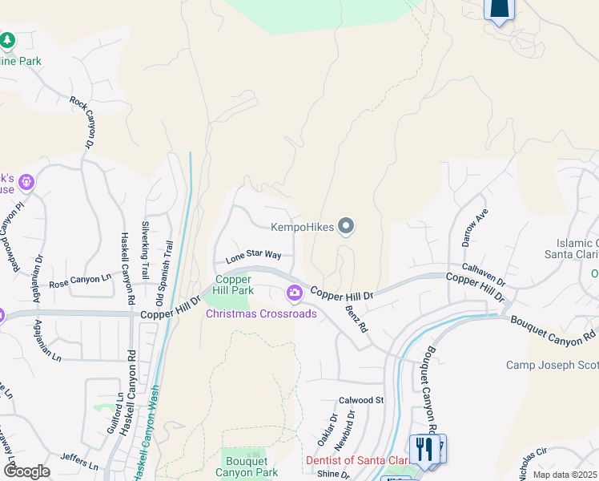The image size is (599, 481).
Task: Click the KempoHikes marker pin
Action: pos(346,228)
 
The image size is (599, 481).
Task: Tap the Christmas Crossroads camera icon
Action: pos(295,294)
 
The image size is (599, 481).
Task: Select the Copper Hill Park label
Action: pos(233,285)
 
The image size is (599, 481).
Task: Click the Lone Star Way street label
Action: pos(253,256)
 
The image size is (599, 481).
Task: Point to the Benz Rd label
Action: pos(357,317)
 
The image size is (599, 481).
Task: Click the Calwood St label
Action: pos(362,399)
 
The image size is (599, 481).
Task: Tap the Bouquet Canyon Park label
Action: pos(246,467)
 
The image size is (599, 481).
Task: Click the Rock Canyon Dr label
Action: pos(81,122)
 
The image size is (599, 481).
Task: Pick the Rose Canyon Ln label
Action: pos(80,281)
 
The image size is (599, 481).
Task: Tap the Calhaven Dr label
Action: pos(484,276)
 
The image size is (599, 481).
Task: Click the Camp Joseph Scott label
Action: pos(551,365)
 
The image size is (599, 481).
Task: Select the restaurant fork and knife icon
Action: pos(421,448)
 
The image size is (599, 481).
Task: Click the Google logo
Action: pos(26,471)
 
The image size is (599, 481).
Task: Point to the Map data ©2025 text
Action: pos(565,475)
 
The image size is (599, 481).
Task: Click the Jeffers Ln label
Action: pos(78,463)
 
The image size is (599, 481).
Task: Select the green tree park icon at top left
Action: pos(8,40)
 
